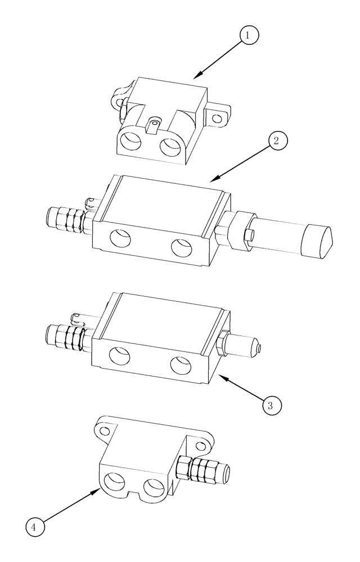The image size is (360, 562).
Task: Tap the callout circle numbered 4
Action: [34, 527]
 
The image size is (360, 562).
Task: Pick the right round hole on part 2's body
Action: [181, 247]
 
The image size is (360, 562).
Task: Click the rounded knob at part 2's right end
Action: [318, 240]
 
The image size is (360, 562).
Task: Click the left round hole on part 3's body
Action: [120, 357]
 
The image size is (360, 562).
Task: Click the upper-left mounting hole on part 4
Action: [104, 431]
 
